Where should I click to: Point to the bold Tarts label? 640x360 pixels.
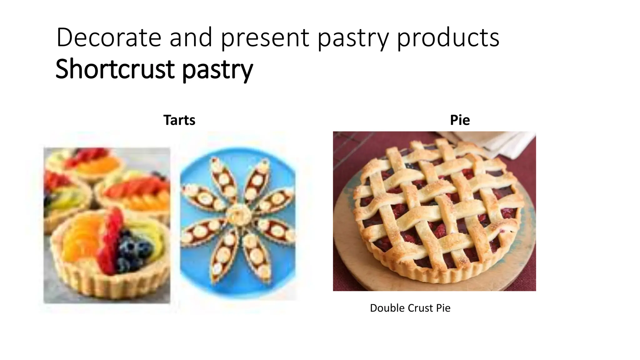tap(179, 120)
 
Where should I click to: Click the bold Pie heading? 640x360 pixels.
tap(460, 120)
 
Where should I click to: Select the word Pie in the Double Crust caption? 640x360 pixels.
tap(443, 308)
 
